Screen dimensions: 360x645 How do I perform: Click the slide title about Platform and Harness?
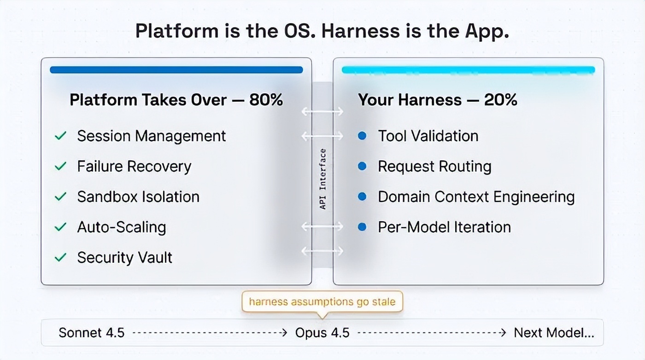tap(322, 31)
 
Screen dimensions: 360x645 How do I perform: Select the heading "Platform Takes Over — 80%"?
tap(176, 100)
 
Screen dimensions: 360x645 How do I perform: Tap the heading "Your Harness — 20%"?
tap(438, 100)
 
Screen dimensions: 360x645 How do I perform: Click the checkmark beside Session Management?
tap(60, 136)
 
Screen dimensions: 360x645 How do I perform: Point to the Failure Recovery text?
tap(134, 166)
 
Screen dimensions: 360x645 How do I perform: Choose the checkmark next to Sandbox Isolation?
tap(60, 197)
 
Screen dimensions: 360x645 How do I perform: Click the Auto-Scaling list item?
tap(122, 227)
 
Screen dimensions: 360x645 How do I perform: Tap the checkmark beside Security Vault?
tap(60, 258)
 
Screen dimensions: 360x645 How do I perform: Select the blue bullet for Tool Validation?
tap(362, 136)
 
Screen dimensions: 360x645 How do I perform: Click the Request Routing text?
tap(434, 166)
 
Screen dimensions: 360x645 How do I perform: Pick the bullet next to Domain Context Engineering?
tap(362, 197)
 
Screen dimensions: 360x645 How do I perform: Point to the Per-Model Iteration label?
tap(444, 227)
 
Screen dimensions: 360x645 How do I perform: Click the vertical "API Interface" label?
tap(322, 179)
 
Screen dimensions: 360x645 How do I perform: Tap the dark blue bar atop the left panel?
tap(176, 70)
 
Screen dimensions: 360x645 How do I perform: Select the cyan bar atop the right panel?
tap(468, 70)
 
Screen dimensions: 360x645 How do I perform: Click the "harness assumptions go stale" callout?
tap(322, 302)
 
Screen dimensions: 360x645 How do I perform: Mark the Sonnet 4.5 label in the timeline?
tap(92, 332)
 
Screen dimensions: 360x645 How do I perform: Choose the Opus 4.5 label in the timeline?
tap(322, 332)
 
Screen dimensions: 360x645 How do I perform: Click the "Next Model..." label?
tap(554, 332)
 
